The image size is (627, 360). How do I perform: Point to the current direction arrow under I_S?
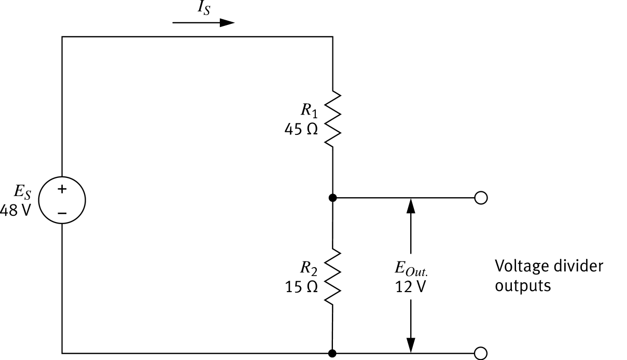[x=203, y=23]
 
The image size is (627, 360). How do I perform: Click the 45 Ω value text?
[x=300, y=130]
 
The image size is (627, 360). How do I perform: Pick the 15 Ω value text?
[x=301, y=287]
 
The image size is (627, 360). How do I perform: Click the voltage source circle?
[x=62, y=200]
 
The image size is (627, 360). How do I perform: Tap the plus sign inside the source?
[x=62, y=190]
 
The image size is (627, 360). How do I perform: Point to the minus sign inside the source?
[x=62, y=212]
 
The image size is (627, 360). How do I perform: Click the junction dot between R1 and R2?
[x=332, y=198]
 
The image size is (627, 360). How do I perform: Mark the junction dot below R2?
[x=332, y=353]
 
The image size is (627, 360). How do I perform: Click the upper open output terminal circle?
[x=481, y=198]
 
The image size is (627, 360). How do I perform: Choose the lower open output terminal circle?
[x=481, y=353]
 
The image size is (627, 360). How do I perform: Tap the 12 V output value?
[x=411, y=287]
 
